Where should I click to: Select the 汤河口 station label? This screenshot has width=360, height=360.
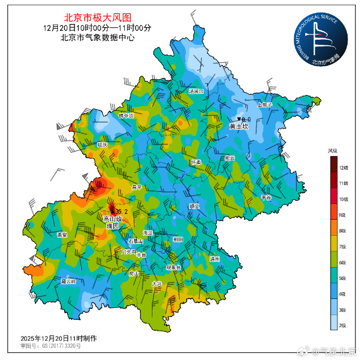pos(197,91)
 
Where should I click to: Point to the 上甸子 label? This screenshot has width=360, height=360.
pos(266,105)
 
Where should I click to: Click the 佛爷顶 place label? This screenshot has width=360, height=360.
pos(126,116)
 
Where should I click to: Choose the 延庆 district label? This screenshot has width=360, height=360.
pos(102,145)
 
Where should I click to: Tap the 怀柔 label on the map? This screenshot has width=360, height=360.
pos(196,162)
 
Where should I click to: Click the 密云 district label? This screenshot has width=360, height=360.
pos(230,159)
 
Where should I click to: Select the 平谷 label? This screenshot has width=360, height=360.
pos(266,198)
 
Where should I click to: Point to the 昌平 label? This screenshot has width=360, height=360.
pos(137,187)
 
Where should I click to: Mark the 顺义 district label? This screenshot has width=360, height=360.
pos(194,206)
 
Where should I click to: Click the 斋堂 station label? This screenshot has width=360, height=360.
pos(62,235)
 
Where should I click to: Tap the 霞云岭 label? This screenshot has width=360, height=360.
pos(69,281)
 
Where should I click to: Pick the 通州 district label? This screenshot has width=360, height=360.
pos(214,259)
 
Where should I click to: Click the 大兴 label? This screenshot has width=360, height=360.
pos(157,284)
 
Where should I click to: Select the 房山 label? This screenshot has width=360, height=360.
pos(134,273)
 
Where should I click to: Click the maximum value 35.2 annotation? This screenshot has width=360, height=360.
pos(121,211)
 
